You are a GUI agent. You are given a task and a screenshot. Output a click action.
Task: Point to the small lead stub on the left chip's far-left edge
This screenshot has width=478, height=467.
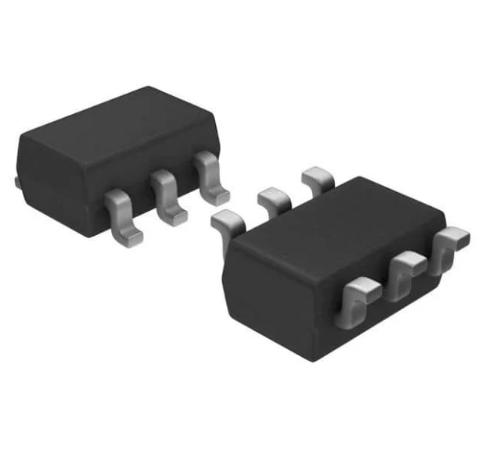[16, 182]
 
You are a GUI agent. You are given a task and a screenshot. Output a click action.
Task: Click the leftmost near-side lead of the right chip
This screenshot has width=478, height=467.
[357, 301]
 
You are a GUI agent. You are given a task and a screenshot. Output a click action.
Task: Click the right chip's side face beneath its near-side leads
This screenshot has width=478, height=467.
[391, 320]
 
